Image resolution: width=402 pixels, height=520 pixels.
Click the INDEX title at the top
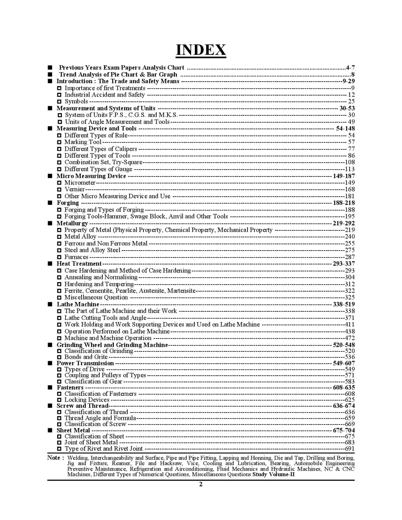pos(201,50)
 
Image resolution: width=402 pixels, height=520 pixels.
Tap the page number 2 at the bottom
pos(201,484)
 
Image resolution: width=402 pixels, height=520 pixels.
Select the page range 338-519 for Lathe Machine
pos(344,304)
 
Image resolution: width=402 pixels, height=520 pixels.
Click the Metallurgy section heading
pos(72,223)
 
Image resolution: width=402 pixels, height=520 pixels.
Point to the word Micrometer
pos(80,183)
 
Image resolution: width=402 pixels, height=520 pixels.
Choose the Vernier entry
pos(74,189)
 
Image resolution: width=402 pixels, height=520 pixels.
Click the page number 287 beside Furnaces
pos(350,257)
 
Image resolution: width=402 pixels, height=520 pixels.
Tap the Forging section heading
pos(68,203)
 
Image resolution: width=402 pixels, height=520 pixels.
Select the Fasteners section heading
pos(70,387)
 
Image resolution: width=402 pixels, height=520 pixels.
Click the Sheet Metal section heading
pos(73,430)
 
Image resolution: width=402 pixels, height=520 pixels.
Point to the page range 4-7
pos(350,68)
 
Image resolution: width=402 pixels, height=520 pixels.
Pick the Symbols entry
pos(76,101)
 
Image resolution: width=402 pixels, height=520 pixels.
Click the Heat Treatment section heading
pos(79,264)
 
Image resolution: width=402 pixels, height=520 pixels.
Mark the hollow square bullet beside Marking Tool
pos(59,142)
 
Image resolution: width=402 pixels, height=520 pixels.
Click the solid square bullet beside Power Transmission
pos(50,363)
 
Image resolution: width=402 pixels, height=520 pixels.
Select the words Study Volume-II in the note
pos(274,474)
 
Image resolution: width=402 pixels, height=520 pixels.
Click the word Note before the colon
pos(54,458)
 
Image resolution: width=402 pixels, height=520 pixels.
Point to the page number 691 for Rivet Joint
pos(350,448)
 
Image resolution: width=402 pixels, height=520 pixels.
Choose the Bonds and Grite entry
pos(86,357)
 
